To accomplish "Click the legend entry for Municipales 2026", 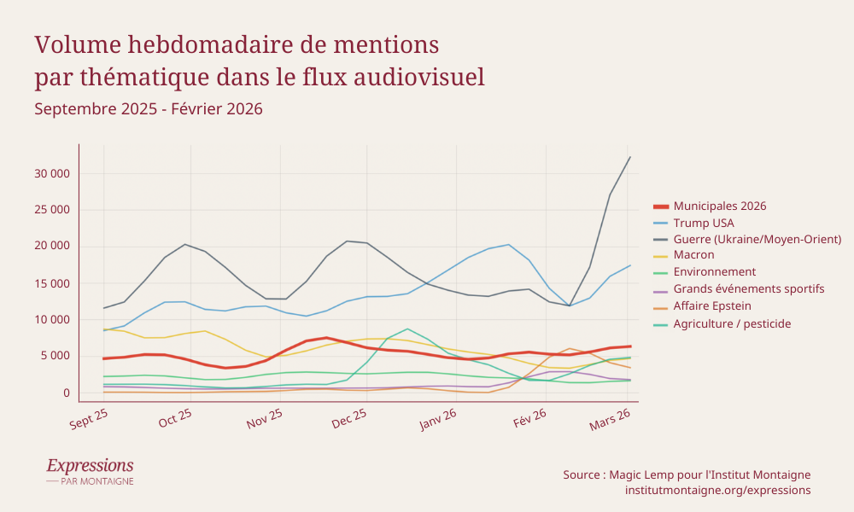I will pos(720,206).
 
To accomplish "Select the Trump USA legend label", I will pos(704,223).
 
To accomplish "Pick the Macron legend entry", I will pos(693,255).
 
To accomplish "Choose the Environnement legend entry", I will pos(715,272).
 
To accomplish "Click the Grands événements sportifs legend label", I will pos(748,288).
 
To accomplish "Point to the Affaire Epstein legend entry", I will pos(712,305).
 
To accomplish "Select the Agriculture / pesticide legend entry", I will pos(732,323).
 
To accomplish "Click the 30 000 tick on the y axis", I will pos(52,173).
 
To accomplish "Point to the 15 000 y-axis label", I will pos(52,283).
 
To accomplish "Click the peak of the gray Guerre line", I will pos(630,157).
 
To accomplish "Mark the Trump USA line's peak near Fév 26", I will pos(508,245).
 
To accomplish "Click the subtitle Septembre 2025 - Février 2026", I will pos(148,109).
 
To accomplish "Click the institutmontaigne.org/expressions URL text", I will pos(717,491).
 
